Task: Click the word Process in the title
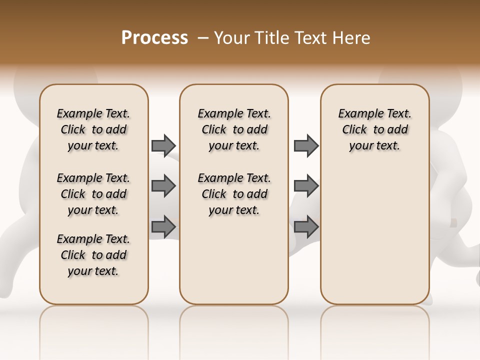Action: [154, 38]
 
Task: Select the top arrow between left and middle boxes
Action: [163, 145]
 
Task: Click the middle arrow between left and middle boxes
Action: [163, 186]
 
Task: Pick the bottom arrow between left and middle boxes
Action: [163, 226]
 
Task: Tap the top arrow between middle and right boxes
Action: [306, 145]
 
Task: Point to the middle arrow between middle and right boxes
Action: [306, 186]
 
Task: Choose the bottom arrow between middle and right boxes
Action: [306, 226]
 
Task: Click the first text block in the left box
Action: [93, 129]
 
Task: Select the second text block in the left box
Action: [93, 194]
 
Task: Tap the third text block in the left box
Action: [93, 255]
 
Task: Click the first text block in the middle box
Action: [234, 129]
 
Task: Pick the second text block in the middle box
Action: [234, 194]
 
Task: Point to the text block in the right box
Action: [374, 129]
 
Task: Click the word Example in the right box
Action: [357, 114]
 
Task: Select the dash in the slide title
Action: [202, 38]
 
